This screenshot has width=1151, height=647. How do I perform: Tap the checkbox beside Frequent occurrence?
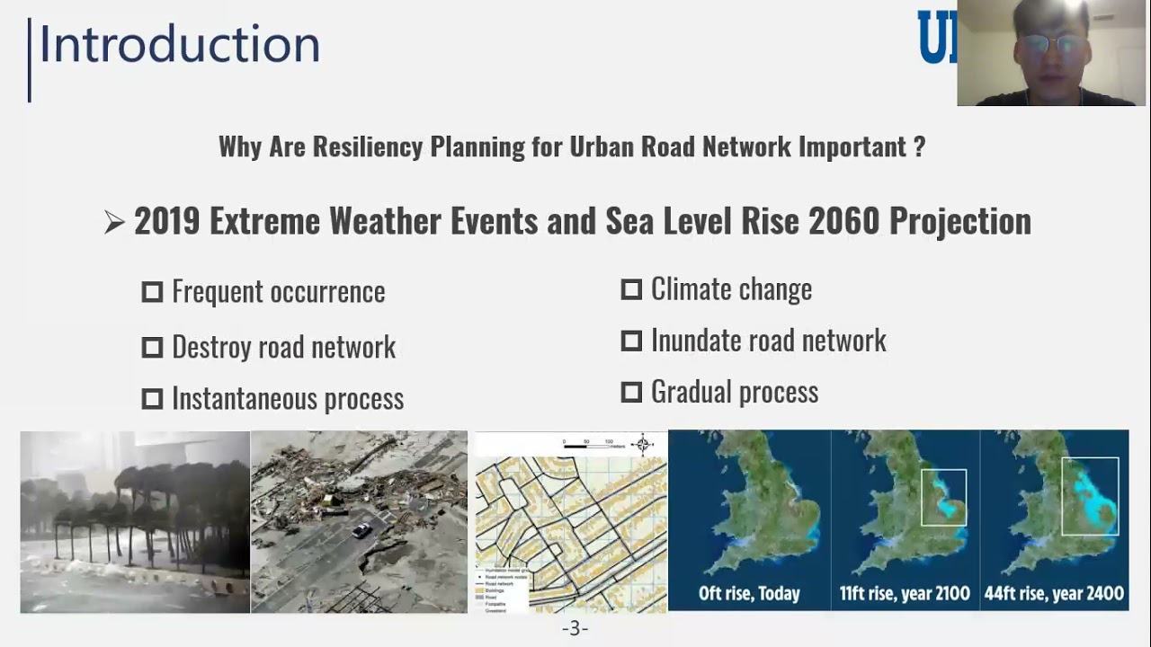(x=152, y=292)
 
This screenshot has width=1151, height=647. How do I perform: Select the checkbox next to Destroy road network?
(x=152, y=348)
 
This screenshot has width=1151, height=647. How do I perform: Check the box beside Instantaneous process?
(x=152, y=399)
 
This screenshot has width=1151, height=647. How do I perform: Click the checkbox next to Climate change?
(x=631, y=289)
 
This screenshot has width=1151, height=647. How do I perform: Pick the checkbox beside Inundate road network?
(x=631, y=341)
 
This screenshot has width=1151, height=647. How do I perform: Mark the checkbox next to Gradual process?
(x=631, y=393)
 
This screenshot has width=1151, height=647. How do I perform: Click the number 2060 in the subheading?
(x=843, y=222)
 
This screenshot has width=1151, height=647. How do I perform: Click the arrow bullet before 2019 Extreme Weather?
(x=114, y=223)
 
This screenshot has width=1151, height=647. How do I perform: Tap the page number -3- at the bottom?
(x=575, y=628)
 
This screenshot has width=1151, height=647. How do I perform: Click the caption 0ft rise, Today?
(x=749, y=593)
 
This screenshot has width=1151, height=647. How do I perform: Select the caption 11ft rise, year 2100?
(x=905, y=593)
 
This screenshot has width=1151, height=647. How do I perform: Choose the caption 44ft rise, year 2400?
(x=1054, y=593)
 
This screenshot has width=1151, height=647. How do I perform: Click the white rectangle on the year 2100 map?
(x=943, y=497)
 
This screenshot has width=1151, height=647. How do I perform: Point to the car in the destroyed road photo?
(x=361, y=530)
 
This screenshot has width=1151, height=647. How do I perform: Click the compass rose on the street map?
(x=642, y=444)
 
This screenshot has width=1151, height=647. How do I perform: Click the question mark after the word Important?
(x=918, y=147)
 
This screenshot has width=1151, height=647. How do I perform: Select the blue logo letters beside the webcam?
(x=937, y=38)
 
